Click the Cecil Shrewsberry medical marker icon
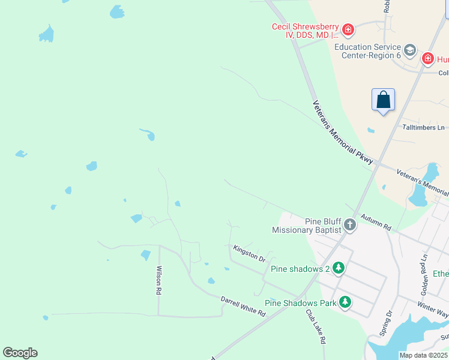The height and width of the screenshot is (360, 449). pyautogui.click(x=348, y=29)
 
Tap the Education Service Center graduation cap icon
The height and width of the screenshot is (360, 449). pyautogui.click(x=411, y=49)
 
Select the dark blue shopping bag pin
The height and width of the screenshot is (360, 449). pyautogui.click(x=383, y=100)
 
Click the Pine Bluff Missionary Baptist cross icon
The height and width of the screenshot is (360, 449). pyautogui.click(x=349, y=226)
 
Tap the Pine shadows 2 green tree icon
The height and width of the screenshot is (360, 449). pyautogui.click(x=339, y=268)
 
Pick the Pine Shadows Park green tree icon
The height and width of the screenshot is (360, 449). pyautogui.click(x=345, y=302)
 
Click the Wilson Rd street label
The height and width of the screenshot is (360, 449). pyautogui.click(x=159, y=280)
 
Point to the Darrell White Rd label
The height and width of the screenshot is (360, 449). pyautogui.click(x=243, y=306)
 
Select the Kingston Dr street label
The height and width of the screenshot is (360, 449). pyautogui.click(x=249, y=253)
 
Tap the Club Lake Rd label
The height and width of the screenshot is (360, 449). pyautogui.click(x=315, y=326)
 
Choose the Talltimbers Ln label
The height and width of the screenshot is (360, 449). pyautogui.click(x=423, y=128)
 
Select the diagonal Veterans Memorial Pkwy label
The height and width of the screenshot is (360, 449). pyautogui.click(x=343, y=133)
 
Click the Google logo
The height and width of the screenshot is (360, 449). pyautogui.click(x=20, y=353)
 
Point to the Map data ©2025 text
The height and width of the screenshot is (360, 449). pyautogui.click(x=423, y=355)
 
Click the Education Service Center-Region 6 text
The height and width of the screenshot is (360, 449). pyautogui.click(x=367, y=51)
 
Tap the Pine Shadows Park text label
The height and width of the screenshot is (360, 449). pyautogui.click(x=300, y=303)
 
